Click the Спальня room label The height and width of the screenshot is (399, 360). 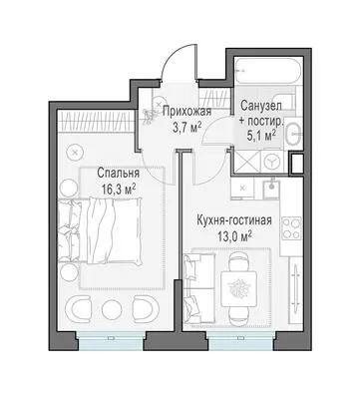click(118, 174)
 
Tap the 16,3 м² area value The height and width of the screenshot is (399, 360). click(119, 191)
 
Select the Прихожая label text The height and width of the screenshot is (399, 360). click(187, 112)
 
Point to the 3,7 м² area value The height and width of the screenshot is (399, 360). click(187, 128)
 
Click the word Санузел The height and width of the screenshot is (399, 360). click(261, 106)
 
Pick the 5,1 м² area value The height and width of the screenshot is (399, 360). click(261, 136)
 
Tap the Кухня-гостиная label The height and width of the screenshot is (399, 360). click(234, 220)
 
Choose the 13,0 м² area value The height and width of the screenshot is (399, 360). click(234, 237)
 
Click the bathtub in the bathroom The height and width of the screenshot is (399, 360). click(268, 71)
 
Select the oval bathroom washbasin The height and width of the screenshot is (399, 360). click(294, 134)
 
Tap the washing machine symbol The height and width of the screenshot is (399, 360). click(272, 162)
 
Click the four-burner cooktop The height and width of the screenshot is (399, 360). click(292, 228)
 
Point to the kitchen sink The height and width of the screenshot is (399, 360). click(271, 189)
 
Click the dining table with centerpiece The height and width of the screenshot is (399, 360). click(239, 288)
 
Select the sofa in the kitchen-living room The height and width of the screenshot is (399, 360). click(199, 288)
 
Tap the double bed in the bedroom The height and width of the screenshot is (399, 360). click(99, 230)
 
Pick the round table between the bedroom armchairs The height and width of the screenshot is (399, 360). click(112, 308)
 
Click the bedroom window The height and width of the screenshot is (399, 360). click(111, 340)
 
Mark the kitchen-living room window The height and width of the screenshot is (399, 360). click(241, 340)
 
